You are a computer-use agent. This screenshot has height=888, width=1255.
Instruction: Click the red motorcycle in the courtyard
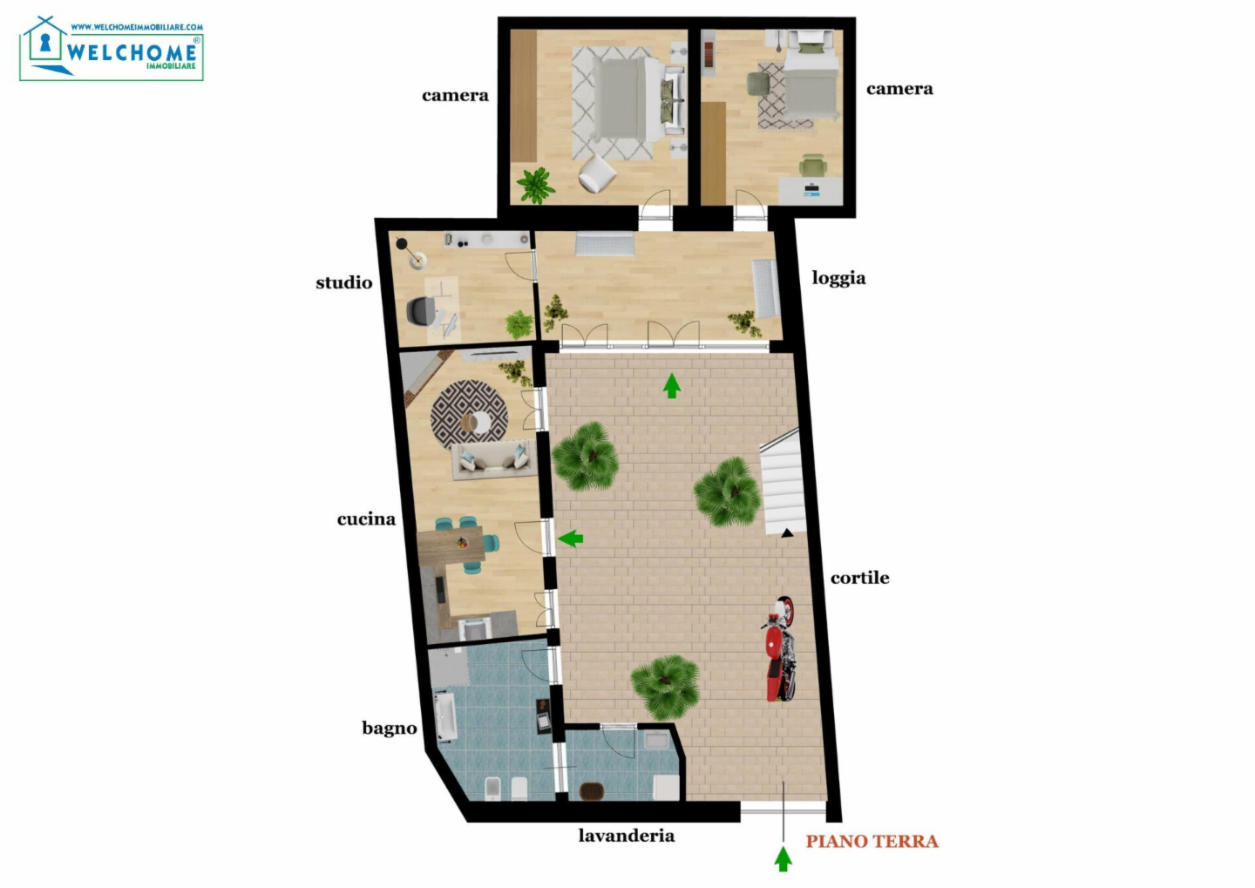tap(779, 649)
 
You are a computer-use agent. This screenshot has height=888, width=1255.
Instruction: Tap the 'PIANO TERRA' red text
tap(872, 842)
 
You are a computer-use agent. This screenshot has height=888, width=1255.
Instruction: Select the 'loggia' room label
tap(838, 278)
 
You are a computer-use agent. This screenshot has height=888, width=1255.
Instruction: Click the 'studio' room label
tap(344, 282)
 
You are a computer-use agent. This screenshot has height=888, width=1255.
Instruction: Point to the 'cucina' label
tap(366, 519)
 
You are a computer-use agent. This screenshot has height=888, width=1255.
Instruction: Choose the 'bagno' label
tap(390, 729)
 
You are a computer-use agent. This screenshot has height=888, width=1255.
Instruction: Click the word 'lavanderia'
tap(627, 836)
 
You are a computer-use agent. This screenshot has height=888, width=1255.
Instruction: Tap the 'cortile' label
tap(859, 578)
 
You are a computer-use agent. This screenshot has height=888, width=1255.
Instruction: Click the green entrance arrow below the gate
tap(784, 859)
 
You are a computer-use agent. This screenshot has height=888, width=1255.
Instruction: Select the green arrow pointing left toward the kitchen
tap(570, 539)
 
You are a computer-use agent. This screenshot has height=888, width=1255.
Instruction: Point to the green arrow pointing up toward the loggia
tap(672, 386)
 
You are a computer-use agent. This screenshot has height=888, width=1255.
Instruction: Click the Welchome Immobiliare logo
tap(112, 49)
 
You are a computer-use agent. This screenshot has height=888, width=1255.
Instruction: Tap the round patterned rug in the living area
tap(469, 415)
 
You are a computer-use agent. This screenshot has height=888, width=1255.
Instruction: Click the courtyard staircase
tap(782, 483)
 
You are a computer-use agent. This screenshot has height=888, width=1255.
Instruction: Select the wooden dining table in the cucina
tap(451, 546)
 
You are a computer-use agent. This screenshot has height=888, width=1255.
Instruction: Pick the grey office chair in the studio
tap(422, 311)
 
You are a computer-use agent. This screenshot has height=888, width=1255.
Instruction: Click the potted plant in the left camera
tap(536, 185)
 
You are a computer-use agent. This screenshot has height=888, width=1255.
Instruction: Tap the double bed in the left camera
tap(638, 99)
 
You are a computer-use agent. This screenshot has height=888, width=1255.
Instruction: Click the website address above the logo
tap(137, 27)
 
